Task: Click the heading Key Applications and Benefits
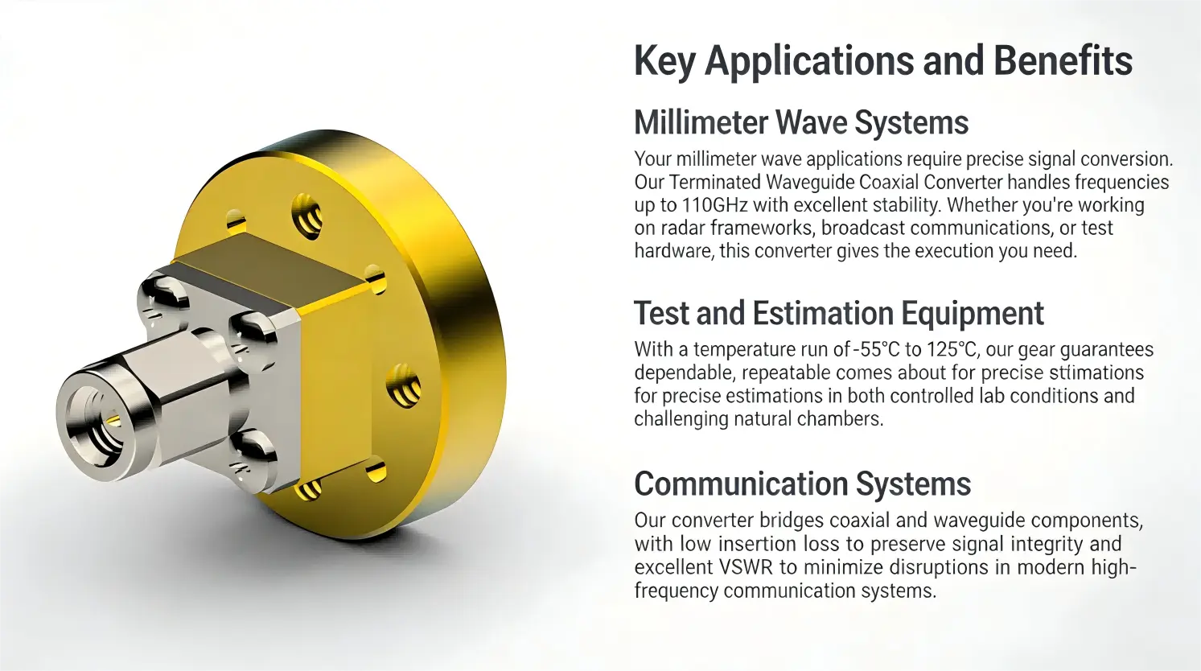click(x=882, y=61)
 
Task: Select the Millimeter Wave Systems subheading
click(x=800, y=123)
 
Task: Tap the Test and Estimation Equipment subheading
click(x=838, y=314)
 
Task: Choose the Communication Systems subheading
click(x=802, y=484)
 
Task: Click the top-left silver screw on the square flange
click(x=163, y=294)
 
